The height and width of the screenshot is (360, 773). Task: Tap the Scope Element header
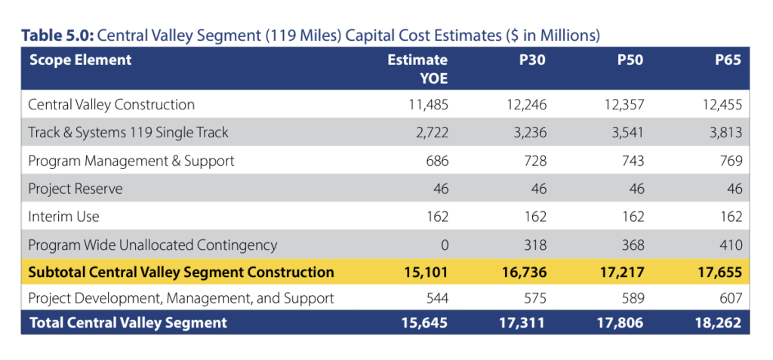80,60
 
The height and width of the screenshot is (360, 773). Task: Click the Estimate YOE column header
417,69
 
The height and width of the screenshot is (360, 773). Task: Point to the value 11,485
427,105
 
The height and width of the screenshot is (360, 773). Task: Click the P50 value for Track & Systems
623,133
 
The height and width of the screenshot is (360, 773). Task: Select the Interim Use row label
63,217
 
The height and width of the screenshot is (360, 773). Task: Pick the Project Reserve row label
75,189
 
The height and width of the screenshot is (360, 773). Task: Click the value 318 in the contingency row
534,245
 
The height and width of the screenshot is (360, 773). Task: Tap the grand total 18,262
719,323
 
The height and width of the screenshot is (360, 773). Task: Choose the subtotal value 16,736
522,272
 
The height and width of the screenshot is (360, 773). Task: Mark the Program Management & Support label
131,161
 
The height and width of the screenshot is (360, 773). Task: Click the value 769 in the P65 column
731,161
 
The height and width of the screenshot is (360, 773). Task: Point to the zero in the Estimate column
444,245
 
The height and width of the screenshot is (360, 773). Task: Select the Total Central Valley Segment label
128,323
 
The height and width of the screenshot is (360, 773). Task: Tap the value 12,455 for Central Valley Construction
720,105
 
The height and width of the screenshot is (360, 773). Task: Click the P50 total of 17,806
621,323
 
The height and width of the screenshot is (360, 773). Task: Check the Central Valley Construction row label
111,105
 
